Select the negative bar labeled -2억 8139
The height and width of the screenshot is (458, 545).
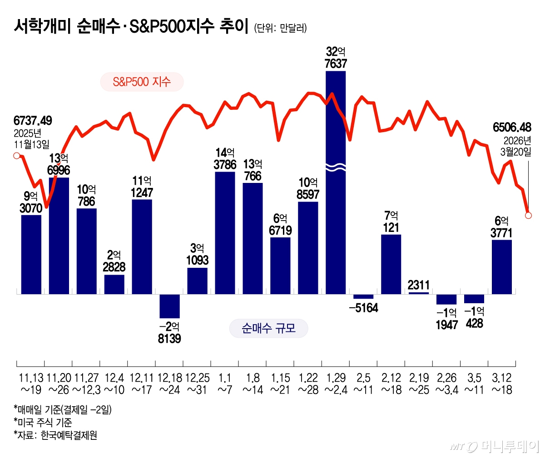point(169,306)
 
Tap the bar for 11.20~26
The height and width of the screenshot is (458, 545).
point(59,236)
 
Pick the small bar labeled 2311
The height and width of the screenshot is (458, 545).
point(418,293)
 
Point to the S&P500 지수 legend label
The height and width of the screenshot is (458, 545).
point(142,82)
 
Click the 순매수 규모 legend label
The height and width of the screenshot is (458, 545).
point(268,328)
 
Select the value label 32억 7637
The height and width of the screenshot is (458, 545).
point(336,58)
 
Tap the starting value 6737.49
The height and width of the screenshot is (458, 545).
point(33,121)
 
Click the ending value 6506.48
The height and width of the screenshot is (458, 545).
point(512,127)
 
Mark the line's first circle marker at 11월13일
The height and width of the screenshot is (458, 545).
point(17,156)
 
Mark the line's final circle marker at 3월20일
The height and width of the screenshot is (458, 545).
point(528,215)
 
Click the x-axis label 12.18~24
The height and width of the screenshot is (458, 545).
point(169,384)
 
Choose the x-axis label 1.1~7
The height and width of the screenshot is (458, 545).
point(224,384)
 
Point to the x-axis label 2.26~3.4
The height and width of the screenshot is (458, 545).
point(446,384)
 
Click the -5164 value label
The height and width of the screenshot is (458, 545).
point(363,308)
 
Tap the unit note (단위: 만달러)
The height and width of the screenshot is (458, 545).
point(280,28)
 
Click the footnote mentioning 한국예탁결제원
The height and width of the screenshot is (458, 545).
point(55,435)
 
